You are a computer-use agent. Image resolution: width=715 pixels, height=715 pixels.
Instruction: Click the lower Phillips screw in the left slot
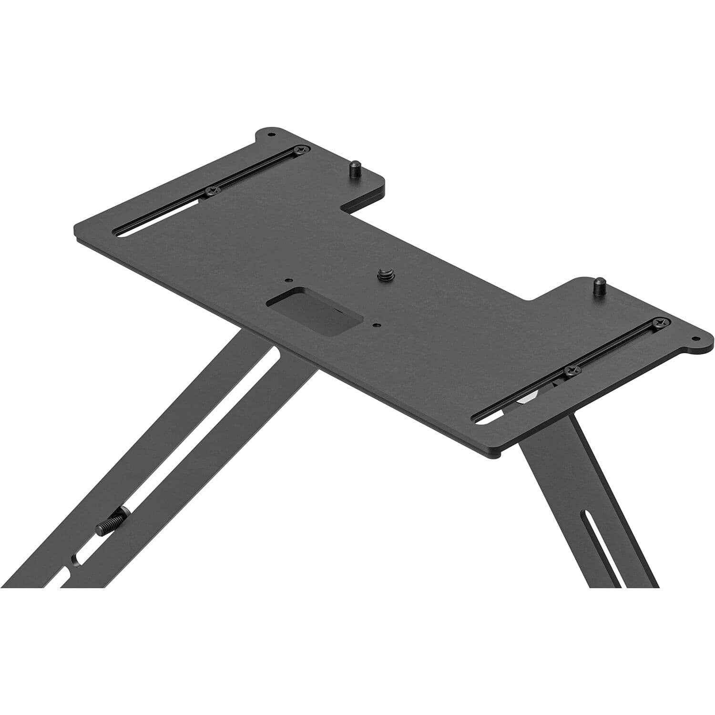click(211, 191)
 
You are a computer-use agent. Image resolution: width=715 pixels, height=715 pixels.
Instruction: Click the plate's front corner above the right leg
click(496, 455)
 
